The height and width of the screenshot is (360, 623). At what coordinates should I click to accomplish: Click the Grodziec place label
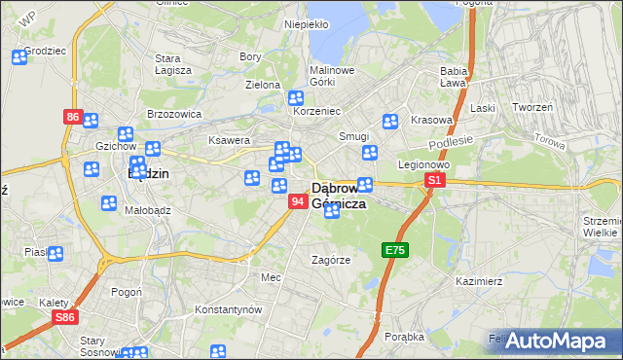[x=45, y=50]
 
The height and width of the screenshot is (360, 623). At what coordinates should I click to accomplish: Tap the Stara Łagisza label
[x=173, y=64]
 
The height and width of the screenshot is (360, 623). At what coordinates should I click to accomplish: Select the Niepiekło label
[x=306, y=23]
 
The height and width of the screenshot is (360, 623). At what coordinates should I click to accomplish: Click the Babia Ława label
[x=454, y=78]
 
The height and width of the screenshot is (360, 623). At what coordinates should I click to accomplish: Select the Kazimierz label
[x=478, y=281]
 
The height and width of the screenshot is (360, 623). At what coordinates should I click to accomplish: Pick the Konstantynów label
[x=229, y=309]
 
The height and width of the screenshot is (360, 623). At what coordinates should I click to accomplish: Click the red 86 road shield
[x=73, y=117]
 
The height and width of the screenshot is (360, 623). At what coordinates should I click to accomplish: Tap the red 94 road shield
[x=299, y=200]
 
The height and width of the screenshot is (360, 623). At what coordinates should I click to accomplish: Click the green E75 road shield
[x=394, y=250]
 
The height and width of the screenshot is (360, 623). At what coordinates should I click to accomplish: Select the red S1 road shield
[x=435, y=180]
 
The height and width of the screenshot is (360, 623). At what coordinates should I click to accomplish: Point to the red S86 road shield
[x=65, y=317]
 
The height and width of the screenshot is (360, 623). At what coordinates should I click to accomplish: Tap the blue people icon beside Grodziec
[x=18, y=56]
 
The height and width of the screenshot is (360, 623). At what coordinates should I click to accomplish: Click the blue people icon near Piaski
[x=55, y=255]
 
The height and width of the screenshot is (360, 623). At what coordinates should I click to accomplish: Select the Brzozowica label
[x=173, y=113]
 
